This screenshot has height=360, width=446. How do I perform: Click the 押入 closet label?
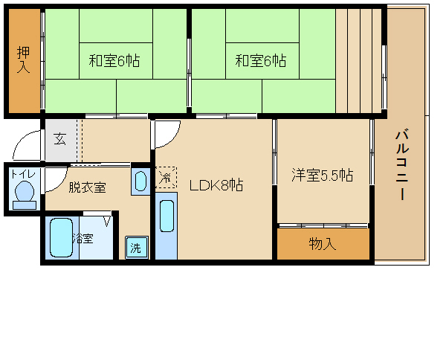click(x=23, y=60)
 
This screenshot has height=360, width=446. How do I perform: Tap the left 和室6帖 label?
click(x=115, y=61)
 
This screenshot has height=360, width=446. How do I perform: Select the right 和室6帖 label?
click(x=261, y=61)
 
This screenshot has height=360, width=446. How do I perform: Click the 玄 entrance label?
click(x=59, y=138)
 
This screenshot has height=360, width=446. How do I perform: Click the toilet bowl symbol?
click(x=25, y=193)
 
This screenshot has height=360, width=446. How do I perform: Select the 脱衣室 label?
click(x=87, y=187)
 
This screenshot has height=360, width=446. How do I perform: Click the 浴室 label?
click(x=83, y=239)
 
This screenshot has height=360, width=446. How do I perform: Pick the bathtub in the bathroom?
click(x=60, y=238)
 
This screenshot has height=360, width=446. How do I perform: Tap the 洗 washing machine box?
click(x=135, y=247)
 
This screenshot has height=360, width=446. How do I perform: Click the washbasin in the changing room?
click(x=140, y=181)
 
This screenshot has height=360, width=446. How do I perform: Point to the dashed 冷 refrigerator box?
click(x=167, y=177)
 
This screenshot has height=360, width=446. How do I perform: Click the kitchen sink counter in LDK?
click(x=167, y=227)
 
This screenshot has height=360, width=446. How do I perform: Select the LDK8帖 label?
click(x=216, y=185)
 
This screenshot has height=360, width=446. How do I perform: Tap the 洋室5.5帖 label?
click(x=322, y=176)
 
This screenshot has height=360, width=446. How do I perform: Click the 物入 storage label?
click(x=323, y=243)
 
